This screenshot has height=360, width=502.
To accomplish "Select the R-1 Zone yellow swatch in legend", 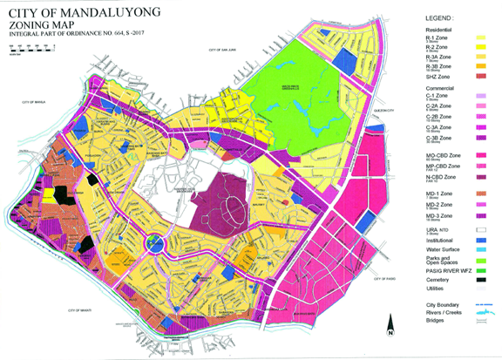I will click(x=480, y=39).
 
